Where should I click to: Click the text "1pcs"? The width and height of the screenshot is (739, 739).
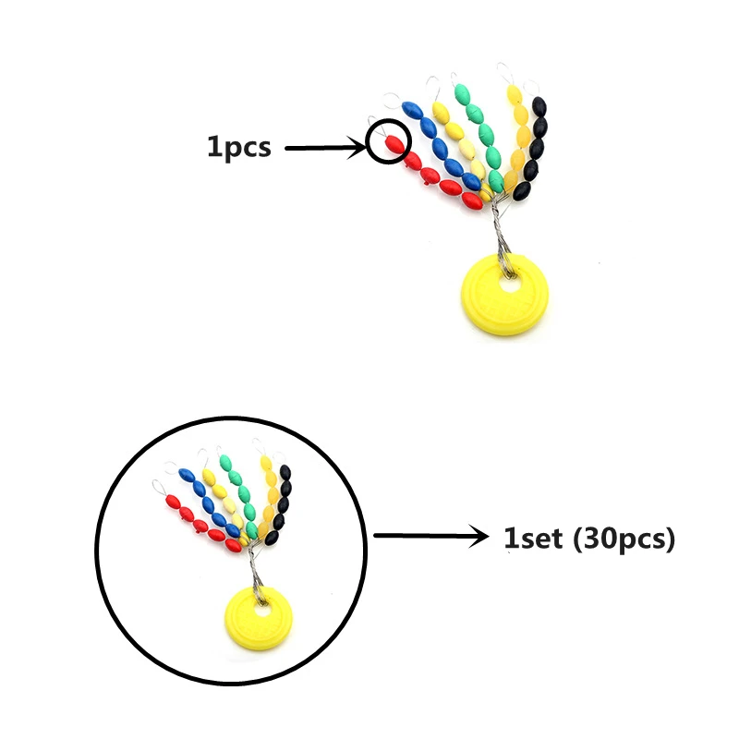tap(238, 147)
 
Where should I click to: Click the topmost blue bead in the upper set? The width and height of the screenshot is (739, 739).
tap(413, 110)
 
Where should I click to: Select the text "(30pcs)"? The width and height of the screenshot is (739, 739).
tap(624, 539)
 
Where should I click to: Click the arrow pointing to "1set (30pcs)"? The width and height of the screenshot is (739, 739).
tap(430, 536)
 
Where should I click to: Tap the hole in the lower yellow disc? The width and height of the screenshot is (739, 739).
tap(261, 611)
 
